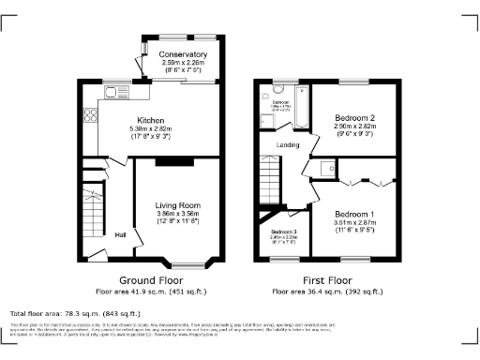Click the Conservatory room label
coord(183,54)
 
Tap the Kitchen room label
coord(151,121)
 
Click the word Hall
coord(121,235)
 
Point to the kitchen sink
coord(116,92)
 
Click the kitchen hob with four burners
coord(92,116)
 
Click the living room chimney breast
coord(169,161)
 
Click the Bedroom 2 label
coord(354,117)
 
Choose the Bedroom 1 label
coord(354,215)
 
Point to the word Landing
coord(289,145)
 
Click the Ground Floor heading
coord(151,279)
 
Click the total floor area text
coord(75,313)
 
